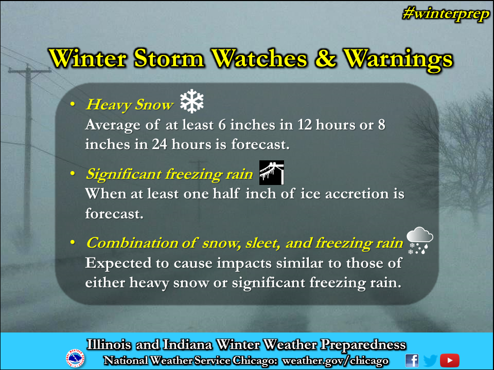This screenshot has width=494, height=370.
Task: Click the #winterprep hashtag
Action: tap(446, 14)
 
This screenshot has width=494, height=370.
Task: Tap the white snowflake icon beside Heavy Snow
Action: tap(192, 101)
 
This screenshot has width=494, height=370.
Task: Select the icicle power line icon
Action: tap(272, 173)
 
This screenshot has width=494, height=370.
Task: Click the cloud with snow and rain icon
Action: tap(420, 240)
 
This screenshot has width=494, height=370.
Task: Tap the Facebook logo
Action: tap(412, 361)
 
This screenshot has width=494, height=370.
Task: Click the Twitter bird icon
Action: tap(430, 361)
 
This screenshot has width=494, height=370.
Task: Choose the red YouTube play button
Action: tap(450, 361)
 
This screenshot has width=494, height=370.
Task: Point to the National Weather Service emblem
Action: tap(75, 358)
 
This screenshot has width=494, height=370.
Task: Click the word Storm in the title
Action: tap(169, 59)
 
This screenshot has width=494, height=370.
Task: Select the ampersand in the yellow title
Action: tap(325, 59)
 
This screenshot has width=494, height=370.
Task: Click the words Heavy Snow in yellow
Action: tap(130, 105)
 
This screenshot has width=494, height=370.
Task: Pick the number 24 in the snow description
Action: tap(160, 144)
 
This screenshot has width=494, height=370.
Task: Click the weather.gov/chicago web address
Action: tap(335, 361)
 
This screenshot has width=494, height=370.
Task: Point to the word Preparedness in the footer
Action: tap(363, 345)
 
